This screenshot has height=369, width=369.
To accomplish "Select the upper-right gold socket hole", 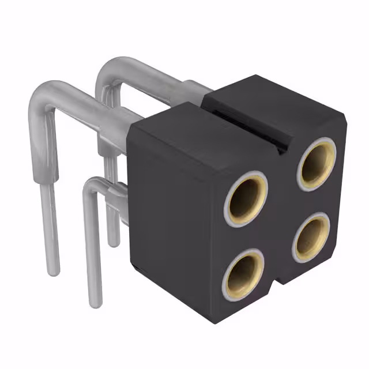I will click(x=317, y=164).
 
